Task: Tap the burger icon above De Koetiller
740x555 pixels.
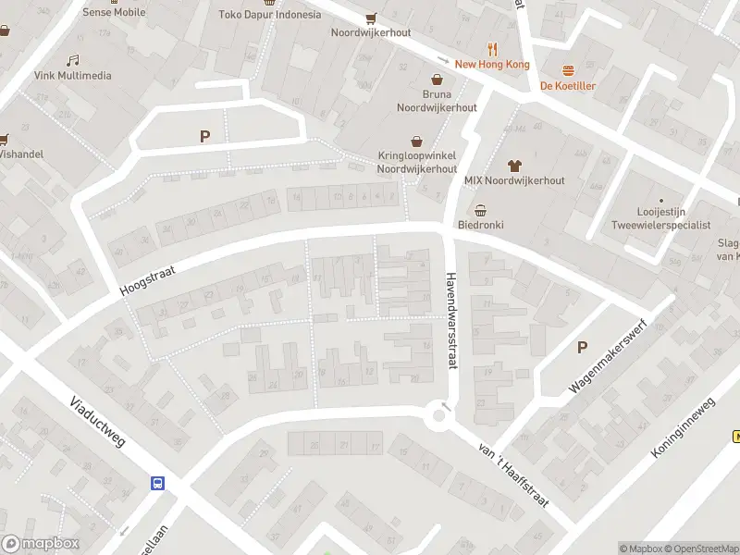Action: coord(568,70)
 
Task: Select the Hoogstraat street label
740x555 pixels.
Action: coord(147,277)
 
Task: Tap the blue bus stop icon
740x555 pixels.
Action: coord(158,483)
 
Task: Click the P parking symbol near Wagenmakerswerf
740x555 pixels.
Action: coord(582,348)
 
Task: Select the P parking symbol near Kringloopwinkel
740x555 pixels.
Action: coord(204,137)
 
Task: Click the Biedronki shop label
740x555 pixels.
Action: coord(479,225)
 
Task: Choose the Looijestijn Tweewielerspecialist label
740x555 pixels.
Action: coord(660,218)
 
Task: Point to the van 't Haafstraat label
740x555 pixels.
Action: coord(513,475)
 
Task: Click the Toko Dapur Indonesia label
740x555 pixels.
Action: coord(270,15)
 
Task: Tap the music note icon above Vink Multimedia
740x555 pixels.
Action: coord(72,60)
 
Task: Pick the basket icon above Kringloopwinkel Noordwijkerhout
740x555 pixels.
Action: coord(418,142)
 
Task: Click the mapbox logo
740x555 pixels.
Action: coord(39,544)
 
